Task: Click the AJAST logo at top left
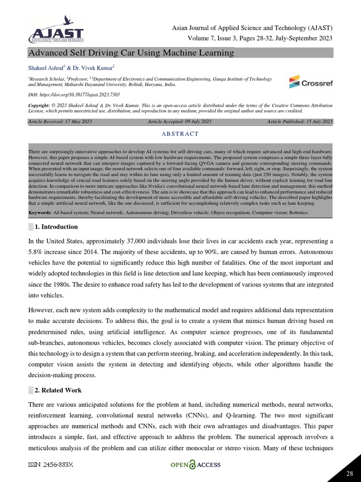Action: point(56,30)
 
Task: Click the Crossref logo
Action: point(311,82)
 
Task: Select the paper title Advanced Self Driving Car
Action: point(125,53)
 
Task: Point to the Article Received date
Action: point(60,122)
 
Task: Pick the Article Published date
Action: point(300,122)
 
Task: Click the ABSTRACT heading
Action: point(180,134)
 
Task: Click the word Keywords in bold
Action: point(40,213)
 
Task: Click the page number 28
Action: point(349,474)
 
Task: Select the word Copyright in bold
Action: point(41,105)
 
